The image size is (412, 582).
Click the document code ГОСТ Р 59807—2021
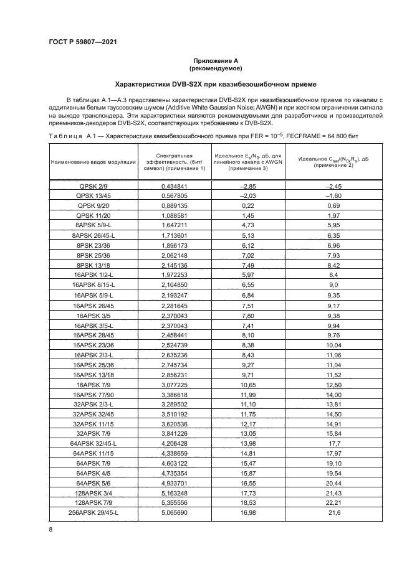84,42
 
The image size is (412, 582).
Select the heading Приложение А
206,60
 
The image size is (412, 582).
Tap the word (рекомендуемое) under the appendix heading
206,68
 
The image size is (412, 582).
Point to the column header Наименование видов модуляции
93,162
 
